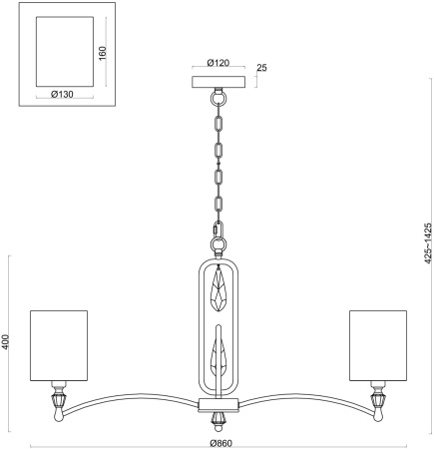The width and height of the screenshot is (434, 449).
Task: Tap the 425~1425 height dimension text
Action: coord(428,243)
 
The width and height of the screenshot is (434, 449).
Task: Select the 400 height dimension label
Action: coord(5,342)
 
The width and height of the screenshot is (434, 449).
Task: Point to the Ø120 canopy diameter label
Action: coord(218,63)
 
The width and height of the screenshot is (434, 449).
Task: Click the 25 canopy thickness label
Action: coord(262,68)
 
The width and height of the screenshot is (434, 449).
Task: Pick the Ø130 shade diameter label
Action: coord(62,95)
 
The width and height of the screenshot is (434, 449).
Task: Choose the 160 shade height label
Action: coord(103,53)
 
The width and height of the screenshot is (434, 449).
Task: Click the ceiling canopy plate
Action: coord(218,82)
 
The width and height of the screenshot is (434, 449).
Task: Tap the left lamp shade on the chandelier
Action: coord(59,345)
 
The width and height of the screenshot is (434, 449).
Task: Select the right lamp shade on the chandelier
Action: coord(378,345)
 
